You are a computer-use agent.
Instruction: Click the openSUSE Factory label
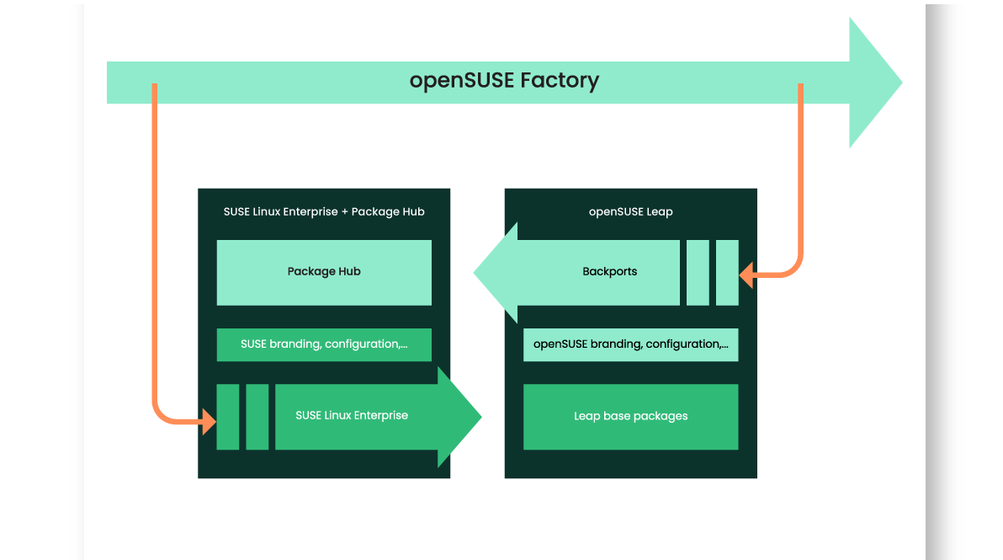(x=504, y=81)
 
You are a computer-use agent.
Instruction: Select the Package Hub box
(x=324, y=272)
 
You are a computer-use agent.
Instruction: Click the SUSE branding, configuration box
(x=324, y=344)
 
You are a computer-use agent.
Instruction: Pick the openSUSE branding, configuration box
(x=630, y=344)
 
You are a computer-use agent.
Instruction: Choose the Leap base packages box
(x=630, y=417)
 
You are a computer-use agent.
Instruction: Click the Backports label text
(x=609, y=272)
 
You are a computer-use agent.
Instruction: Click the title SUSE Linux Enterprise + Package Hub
(x=324, y=212)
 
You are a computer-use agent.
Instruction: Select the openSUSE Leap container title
(x=630, y=212)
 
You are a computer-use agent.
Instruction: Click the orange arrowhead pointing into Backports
(x=746, y=274)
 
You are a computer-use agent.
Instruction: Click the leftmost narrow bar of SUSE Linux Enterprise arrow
(x=228, y=417)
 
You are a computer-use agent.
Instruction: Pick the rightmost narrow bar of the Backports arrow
(x=727, y=272)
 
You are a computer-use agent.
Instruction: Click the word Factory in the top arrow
(x=559, y=81)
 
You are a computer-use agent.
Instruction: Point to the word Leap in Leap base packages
(x=586, y=417)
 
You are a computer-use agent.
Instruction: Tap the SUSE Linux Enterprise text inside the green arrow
(x=352, y=416)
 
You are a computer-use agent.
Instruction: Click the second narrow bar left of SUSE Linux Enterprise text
(x=257, y=417)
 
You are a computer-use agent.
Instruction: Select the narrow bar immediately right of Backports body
(x=698, y=272)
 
